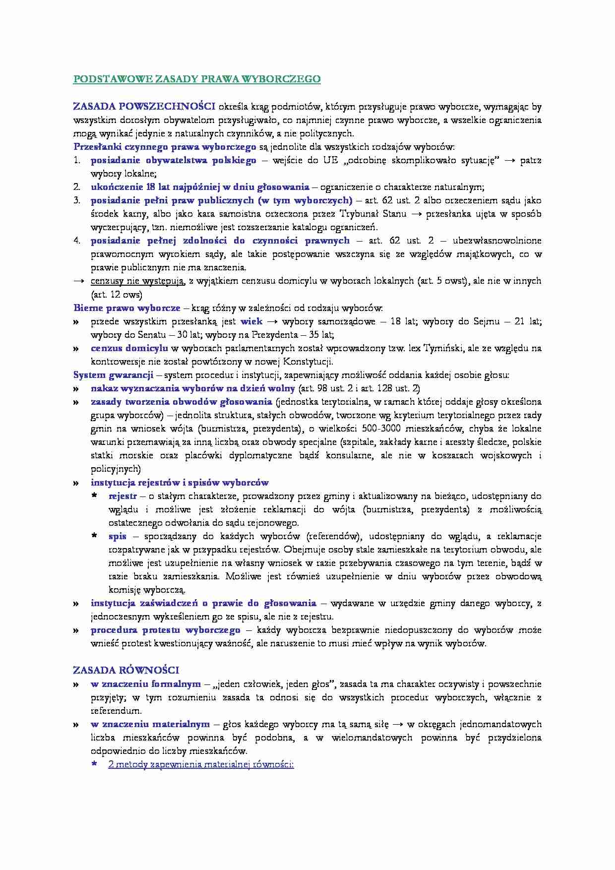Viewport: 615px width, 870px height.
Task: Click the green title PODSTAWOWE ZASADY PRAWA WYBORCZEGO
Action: coord(197,79)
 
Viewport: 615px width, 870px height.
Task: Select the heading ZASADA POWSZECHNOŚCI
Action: coord(144,106)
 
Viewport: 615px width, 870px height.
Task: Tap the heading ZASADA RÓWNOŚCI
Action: coord(126,670)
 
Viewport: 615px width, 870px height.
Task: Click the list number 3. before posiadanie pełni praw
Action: coord(77,200)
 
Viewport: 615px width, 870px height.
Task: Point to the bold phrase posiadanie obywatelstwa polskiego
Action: coord(174,160)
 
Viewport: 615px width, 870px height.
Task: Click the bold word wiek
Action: coord(251,321)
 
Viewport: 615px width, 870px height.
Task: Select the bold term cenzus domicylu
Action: coord(129,348)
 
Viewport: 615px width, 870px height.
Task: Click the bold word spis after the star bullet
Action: coord(118,536)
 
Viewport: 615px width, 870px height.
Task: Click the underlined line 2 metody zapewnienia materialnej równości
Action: coord(201,764)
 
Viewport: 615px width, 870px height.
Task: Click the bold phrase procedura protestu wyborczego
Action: coord(165,630)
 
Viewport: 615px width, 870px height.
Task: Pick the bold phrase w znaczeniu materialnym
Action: coord(150,724)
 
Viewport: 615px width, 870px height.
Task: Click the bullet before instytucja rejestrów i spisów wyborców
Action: coord(76,483)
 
